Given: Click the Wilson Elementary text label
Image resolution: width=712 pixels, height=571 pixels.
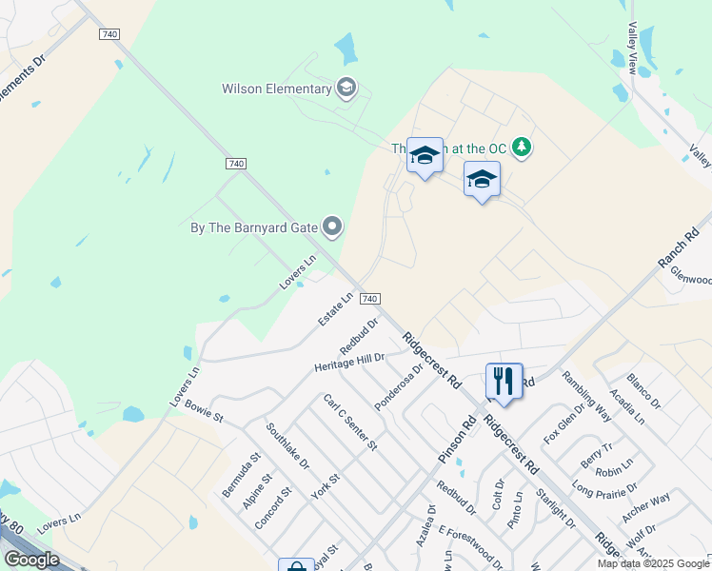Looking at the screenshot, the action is pos(276,89).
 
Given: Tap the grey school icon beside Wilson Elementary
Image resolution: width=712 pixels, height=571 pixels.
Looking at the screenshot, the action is pos(346,89).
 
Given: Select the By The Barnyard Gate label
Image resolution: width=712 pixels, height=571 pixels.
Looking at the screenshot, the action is pos(254,226).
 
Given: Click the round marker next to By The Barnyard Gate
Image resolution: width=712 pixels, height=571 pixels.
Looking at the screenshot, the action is pos(332,226).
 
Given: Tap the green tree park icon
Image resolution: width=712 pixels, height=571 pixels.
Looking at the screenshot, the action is pos(521,148).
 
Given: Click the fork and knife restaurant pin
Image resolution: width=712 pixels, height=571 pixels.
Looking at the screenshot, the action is pos(504,381).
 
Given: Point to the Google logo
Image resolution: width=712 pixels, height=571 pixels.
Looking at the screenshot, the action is pos(31,559).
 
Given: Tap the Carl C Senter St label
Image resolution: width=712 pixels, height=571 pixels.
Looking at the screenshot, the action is pos(350,422).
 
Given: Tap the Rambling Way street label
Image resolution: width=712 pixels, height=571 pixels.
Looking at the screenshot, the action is pos(586,395).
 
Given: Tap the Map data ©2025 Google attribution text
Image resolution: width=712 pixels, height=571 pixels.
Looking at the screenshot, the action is pos(653,563).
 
